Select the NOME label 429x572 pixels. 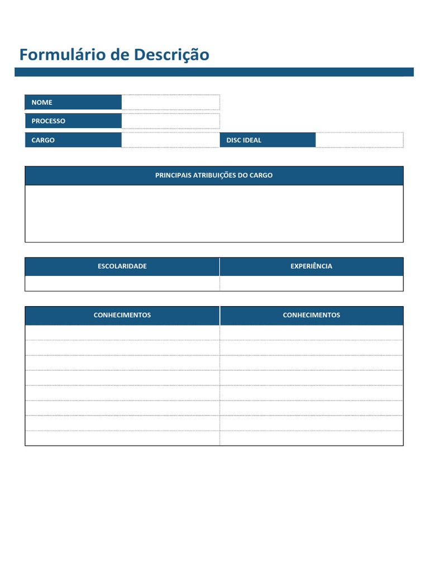pyautogui.click(x=42, y=102)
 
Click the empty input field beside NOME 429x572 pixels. pyautogui.click(x=170, y=102)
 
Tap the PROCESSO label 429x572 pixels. pyautogui.click(x=48, y=121)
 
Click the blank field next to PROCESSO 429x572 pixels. pyautogui.click(x=170, y=121)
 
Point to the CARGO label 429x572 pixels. pyautogui.click(x=43, y=140)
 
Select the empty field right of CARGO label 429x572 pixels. pyautogui.click(x=170, y=140)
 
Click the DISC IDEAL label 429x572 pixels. pyautogui.click(x=244, y=140)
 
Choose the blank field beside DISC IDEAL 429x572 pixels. pyautogui.click(x=359, y=140)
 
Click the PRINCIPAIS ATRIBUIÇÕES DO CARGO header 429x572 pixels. pyautogui.click(x=214, y=175)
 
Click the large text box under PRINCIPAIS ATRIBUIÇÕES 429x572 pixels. pyautogui.click(x=214, y=213)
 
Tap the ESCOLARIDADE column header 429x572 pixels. pyautogui.click(x=122, y=266)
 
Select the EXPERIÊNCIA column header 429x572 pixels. pyautogui.click(x=311, y=266)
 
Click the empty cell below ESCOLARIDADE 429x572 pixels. pyautogui.click(x=122, y=283)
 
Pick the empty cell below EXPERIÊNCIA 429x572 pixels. pyautogui.click(x=311, y=283)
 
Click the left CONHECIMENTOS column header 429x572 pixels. pyautogui.click(x=122, y=315)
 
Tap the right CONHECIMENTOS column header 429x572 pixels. pyautogui.click(x=311, y=315)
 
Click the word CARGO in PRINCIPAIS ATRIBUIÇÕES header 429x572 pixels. pyautogui.click(x=261, y=175)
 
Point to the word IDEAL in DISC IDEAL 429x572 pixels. pyautogui.click(x=251, y=140)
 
